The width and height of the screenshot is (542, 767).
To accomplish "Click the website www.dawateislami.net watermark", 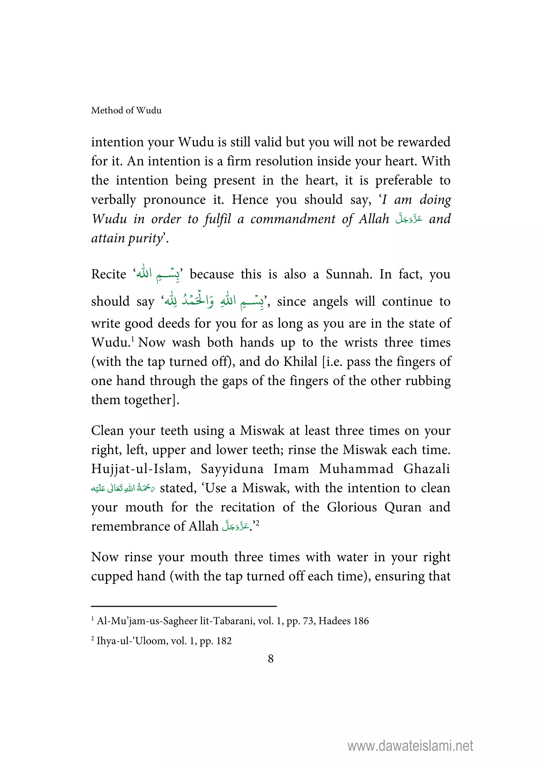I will point(410,746).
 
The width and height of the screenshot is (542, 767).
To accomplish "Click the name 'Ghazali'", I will point(426,469).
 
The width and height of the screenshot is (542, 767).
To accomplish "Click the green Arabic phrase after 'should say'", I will point(214,301).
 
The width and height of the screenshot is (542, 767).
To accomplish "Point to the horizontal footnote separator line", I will point(184,606).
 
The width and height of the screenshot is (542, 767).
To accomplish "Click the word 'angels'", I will point(330,302).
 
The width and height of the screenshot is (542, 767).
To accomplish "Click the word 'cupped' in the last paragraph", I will point(109,577).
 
